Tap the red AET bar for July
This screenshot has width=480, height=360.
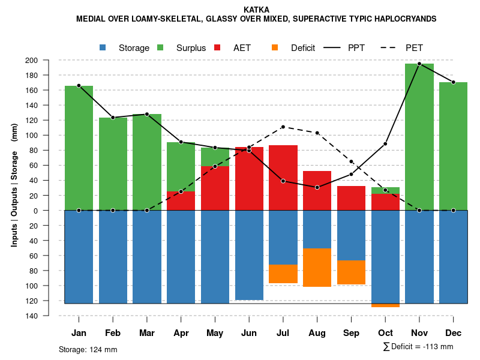pyautogui.click(x=283, y=178)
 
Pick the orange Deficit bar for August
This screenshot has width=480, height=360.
pyautogui.click(x=317, y=267)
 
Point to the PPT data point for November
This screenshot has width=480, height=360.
pyautogui.click(x=419, y=64)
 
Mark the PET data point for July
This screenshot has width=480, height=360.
pyautogui.click(x=283, y=127)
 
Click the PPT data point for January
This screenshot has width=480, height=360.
pyautogui.click(x=79, y=86)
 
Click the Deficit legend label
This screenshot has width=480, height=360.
pyautogui.click(x=303, y=48)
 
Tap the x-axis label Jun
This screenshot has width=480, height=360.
pyautogui.click(x=249, y=333)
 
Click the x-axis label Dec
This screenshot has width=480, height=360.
pyautogui.click(x=454, y=333)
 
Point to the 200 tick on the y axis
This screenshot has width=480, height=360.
pyautogui.click(x=48, y=60)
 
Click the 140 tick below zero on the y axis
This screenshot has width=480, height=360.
pyautogui.click(x=48, y=316)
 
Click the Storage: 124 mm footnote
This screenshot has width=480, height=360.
pyautogui.click(x=88, y=349)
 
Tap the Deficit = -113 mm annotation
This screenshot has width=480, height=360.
pyautogui.click(x=418, y=346)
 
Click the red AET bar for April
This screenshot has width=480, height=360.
pyautogui.click(x=181, y=201)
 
